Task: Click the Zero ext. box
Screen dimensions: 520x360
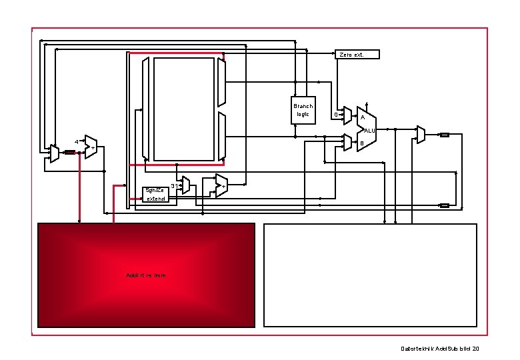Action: [357, 54]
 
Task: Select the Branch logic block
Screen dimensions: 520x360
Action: [303, 110]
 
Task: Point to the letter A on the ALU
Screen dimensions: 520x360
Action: [362, 118]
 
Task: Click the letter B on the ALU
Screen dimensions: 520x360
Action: [362, 143]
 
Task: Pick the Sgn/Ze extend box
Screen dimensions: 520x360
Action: [159, 194]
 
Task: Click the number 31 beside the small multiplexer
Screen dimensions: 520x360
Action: [174, 185]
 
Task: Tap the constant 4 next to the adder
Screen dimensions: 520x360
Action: [76, 142]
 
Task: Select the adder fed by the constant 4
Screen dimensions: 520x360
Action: [91, 146]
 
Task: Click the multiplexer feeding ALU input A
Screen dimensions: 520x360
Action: [347, 116]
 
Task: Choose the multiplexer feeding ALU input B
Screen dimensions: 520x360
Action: [347, 141]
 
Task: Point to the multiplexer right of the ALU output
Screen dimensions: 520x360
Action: [421, 135]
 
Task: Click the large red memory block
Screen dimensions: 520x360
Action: [146, 275]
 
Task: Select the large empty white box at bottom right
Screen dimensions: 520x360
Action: [371, 275]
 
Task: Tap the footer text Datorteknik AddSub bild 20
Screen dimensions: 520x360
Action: [440, 349]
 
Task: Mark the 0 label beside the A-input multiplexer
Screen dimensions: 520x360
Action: [335, 115]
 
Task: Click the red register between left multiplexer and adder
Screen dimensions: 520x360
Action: [69, 152]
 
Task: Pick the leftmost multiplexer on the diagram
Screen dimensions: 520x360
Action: [55, 153]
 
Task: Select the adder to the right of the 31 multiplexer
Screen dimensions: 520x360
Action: [221, 185]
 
